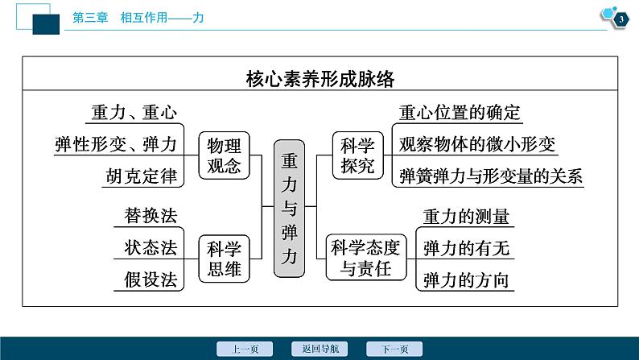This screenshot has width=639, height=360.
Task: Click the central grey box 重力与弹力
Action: click(289, 209)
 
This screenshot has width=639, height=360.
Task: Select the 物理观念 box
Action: click(224, 155)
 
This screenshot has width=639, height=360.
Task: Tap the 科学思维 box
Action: click(224, 259)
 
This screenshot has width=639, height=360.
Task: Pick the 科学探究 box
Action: click(358, 155)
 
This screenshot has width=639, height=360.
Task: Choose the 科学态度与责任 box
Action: click(366, 257)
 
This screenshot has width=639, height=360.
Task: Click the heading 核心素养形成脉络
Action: click(320, 79)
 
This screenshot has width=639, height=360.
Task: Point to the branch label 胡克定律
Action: click(142, 176)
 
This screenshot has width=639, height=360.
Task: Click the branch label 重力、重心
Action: click(134, 112)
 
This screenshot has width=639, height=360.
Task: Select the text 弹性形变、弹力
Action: click(116, 144)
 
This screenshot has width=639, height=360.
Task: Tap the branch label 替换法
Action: click(150, 216)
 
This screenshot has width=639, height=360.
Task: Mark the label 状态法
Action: click(150, 247)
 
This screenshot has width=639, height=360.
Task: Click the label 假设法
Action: click(150, 279)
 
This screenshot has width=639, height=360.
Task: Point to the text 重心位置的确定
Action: click(460, 113)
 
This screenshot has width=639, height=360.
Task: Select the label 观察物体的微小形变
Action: click(477, 144)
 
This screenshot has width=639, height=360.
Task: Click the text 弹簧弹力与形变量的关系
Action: click(491, 176)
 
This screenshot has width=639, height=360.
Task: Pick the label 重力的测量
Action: click(466, 217)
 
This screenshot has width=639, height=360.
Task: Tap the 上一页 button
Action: click(245, 349)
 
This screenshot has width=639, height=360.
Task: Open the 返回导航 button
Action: click(319, 349)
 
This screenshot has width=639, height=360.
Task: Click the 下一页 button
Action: click(394, 349)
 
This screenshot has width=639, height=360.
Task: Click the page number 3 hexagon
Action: click(620, 19)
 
